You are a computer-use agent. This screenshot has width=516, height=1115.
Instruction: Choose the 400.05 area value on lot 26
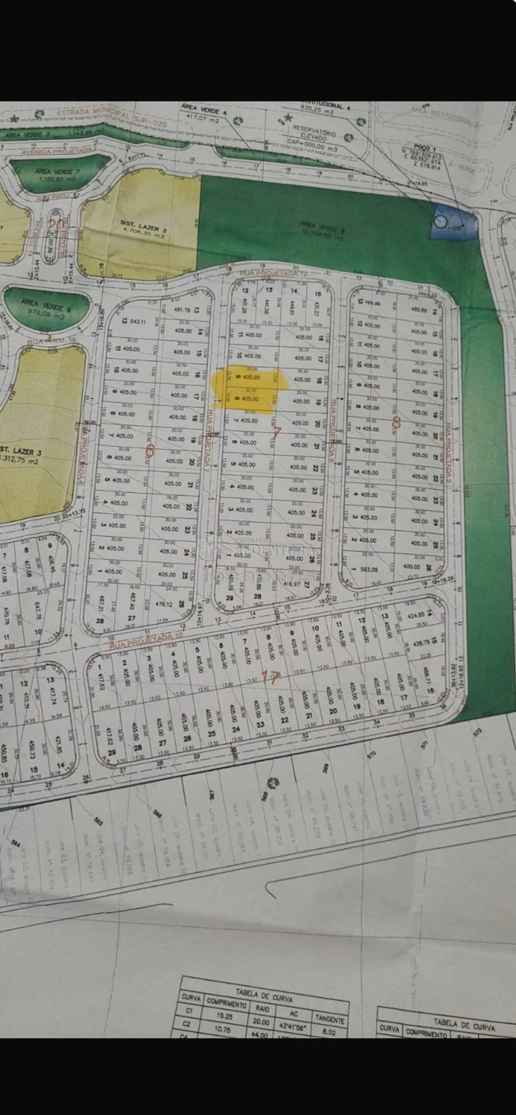coord(412,566)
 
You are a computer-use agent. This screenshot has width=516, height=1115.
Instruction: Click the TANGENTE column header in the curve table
coord(330,1019)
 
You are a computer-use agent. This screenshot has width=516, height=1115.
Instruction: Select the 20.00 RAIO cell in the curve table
coord(261,1021)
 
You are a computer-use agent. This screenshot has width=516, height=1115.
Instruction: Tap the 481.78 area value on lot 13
coord(182,310)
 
